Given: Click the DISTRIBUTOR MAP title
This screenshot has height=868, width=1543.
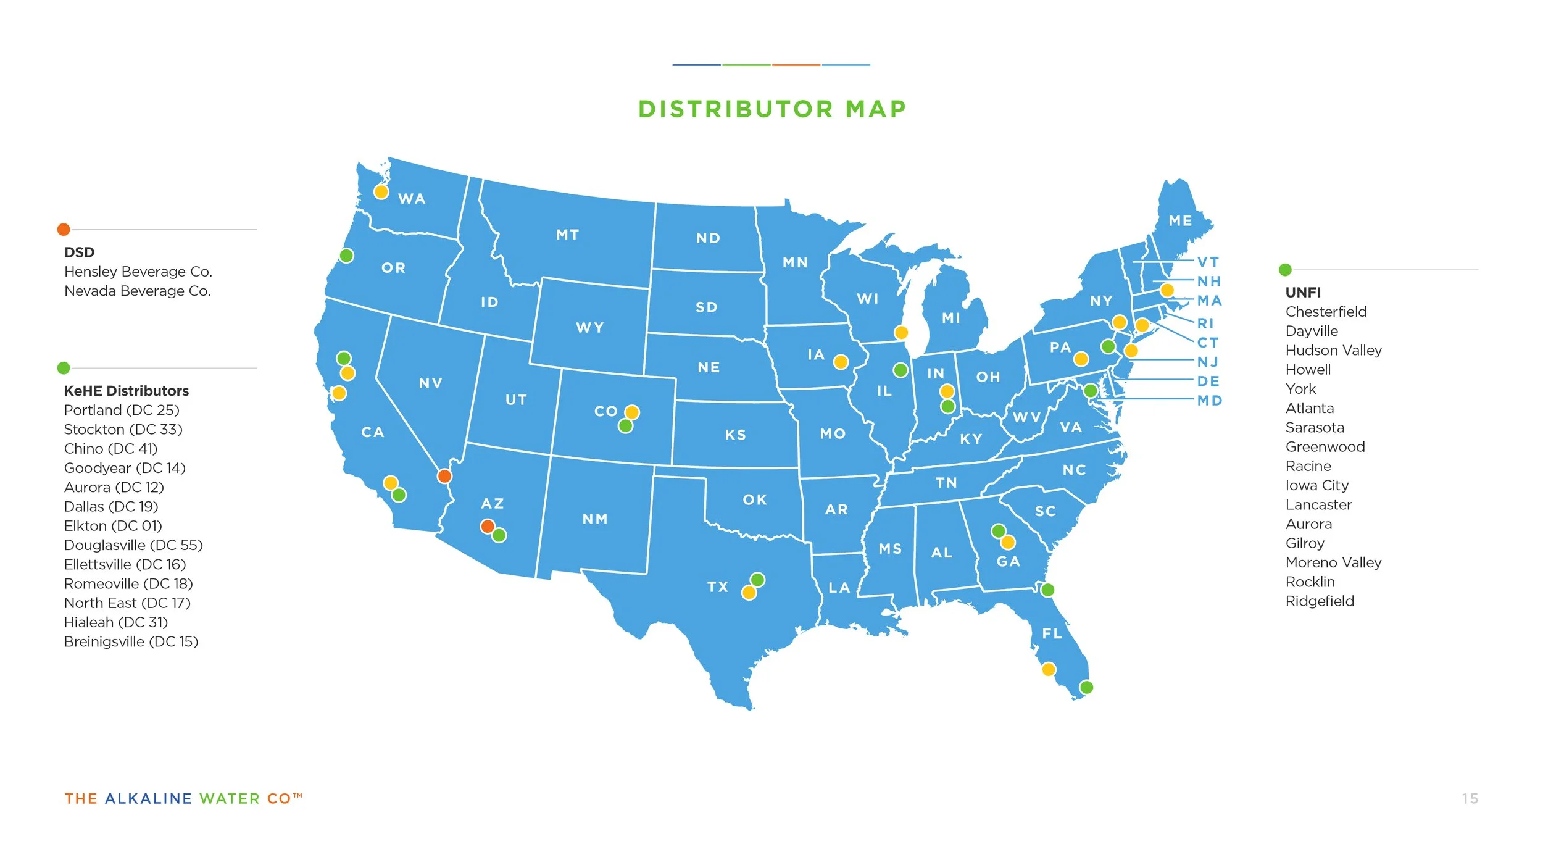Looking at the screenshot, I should pyautogui.click(x=771, y=109).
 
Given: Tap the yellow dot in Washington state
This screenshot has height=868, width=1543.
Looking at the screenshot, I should pyautogui.click(x=381, y=192).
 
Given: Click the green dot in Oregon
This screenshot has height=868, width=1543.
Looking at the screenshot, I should pyautogui.click(x=346, y=256).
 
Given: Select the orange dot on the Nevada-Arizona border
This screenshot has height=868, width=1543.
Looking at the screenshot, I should pyautogui.click(x=444, y=476).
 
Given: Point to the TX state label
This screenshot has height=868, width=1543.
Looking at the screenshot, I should pyautogui.click(x=718, y=586).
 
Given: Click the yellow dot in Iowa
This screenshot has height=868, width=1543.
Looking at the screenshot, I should pyautogui.click(x=841, y=362).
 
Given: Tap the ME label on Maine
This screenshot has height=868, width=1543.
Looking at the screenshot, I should pyautogui.click(x=1180, y=221).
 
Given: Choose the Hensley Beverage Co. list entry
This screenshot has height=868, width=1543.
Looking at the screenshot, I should pyautogui.click(x=138, y=272).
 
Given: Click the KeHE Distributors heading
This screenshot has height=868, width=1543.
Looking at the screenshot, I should pyautogui.click(x=127, y=391).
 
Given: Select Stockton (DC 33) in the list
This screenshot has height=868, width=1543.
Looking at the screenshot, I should pyautogui.click(x=123, y=429).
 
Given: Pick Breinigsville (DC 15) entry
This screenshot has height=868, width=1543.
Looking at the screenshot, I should pyautogui.click(x=131, y=641).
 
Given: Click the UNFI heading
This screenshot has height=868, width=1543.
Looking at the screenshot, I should pyautogui.click(x=1303, y=293).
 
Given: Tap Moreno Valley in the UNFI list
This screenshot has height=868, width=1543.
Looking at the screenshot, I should pyautogui.click(x=1333, y=562).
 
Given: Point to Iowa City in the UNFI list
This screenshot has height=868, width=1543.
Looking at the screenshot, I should pyautogui.click(x=1316, y=485).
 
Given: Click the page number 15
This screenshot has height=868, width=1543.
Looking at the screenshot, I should pyautogui.click(x=1470, y=799).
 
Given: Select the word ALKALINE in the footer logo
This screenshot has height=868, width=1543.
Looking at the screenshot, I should pyautogui.click(x=149, y=799).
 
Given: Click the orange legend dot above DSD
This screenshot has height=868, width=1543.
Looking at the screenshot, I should pyautogui.click(x=64, y=230).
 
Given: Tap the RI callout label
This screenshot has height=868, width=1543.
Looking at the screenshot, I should pyautogui.click(x=1205, y=323).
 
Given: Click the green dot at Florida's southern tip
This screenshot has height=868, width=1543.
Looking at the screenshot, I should pyautogui.click(x=1086, y=687).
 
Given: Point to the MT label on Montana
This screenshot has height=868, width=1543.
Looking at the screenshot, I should pyautogui.click(x=567, y=235).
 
